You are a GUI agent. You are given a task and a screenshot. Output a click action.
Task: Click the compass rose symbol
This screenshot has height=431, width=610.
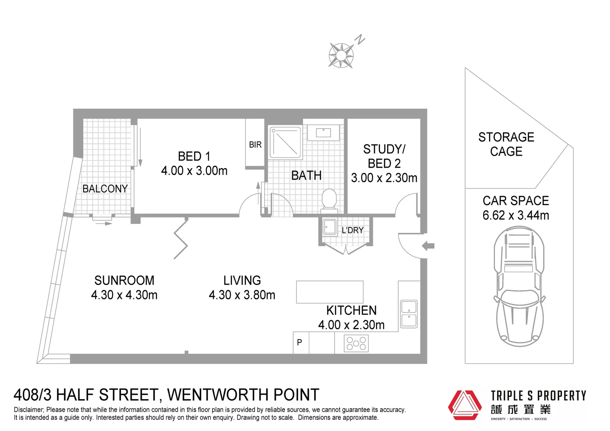341,55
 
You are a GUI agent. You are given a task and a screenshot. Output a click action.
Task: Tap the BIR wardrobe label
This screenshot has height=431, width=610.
255,144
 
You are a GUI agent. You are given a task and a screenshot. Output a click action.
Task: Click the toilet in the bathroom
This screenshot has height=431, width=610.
329,199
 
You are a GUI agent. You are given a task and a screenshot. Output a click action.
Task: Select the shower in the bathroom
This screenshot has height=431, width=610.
285,142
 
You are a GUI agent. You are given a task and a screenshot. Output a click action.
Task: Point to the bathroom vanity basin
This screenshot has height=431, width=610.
323,132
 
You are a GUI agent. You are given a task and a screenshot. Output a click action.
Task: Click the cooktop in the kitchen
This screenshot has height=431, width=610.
356,343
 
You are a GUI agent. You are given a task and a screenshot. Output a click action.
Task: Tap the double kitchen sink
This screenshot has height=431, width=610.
408,314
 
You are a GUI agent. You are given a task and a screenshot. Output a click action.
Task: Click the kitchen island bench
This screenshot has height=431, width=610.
329,292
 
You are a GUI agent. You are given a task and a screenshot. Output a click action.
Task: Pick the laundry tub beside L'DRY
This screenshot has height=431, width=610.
330,227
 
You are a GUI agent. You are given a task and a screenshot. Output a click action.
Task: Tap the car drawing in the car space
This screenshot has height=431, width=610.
519,286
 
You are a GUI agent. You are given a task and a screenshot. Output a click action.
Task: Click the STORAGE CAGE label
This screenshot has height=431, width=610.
506,144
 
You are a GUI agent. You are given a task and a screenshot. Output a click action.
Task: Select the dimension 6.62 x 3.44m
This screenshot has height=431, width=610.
516,215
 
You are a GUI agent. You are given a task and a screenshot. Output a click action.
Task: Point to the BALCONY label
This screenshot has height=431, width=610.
105,188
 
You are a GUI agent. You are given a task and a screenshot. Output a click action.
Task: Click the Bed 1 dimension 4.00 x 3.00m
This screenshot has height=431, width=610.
194,171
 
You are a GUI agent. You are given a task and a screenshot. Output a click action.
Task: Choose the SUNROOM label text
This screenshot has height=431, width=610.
124,280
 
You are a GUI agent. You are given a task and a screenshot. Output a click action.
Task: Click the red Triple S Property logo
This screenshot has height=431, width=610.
464,405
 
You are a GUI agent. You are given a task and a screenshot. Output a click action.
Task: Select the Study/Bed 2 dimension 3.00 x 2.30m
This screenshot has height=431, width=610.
384,178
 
